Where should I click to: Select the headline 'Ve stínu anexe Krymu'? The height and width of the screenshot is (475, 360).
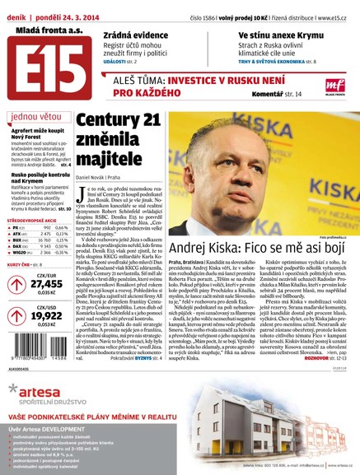pyautogui.click(x=262, y=33)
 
